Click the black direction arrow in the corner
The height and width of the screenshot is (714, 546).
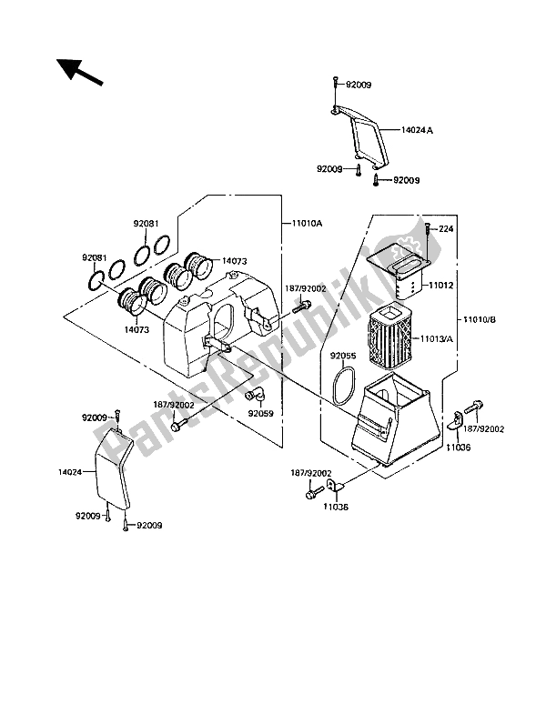click(x=79, y=72)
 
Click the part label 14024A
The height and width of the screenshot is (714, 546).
click(x=417, y=130)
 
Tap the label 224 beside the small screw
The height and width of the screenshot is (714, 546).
click(x=446, y=229)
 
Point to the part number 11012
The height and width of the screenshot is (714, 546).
click(x=440, y=286)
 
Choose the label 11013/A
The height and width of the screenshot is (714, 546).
click(x=437, y=338)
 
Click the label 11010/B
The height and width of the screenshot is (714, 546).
click(x=480, y=319)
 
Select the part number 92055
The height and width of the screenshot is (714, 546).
click(x=343, y=356)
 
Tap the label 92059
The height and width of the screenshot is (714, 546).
click(x=260, y=414)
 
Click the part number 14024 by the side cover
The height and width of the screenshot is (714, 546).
click(x=70, y=472)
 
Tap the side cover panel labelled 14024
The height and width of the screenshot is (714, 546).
click(x=114, y=469)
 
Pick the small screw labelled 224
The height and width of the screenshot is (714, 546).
click(x=428, y=229)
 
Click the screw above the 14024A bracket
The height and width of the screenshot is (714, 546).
click(x=336, y=85)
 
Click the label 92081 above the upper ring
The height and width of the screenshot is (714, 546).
click(x=146, y=224)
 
